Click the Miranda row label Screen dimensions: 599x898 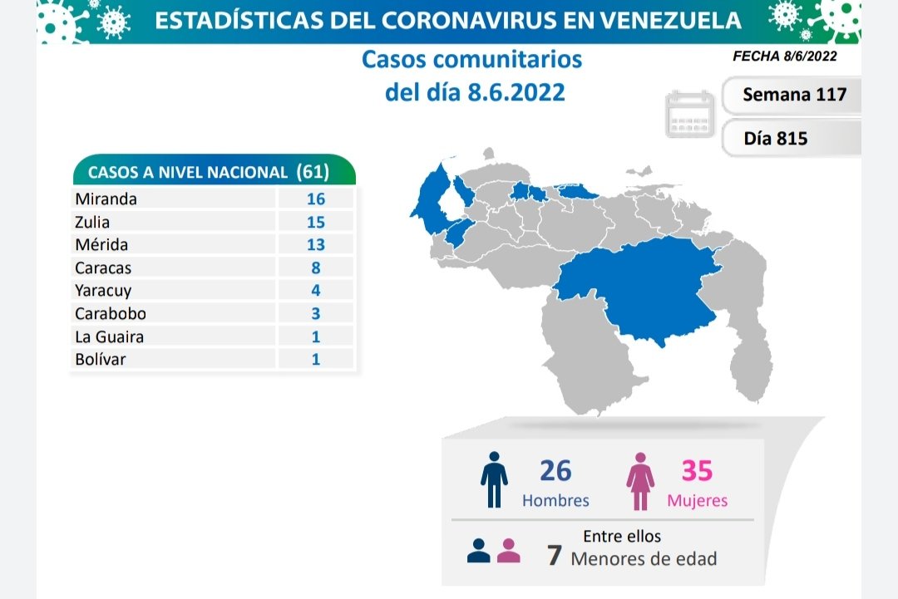[x=106, y=199]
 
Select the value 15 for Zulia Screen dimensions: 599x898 [x=315, y=223]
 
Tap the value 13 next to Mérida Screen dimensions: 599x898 [x=315, y=245]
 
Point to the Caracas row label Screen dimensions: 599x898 [x=103, y=268]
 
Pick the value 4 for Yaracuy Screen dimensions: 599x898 [x=316, y=291]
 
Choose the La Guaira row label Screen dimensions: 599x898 [x=109, y=336]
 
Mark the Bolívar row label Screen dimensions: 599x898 [x=101, y=360]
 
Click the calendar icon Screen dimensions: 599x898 [x=690, y=115]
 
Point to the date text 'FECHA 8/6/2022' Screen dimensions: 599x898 [x=784, y=56]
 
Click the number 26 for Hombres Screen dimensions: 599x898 [x=555, y=471]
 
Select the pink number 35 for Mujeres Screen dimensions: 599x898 [x=697, y=471]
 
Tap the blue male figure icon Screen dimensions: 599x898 [x=494, y=480]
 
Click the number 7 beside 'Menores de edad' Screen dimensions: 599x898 [x=554, y=557]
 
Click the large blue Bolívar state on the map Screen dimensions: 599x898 [x=640, y=291]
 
